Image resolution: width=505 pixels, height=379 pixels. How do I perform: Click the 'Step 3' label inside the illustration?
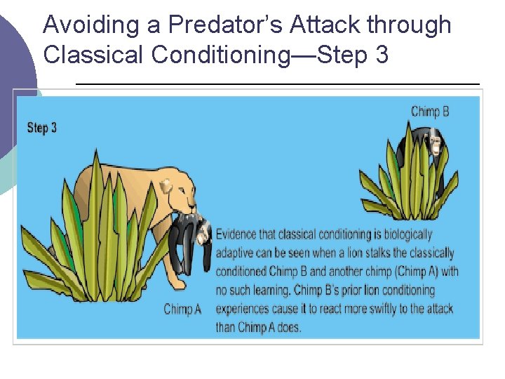42,128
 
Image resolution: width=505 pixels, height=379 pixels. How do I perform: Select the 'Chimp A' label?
182,309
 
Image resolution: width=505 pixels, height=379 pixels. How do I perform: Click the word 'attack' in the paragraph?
437,308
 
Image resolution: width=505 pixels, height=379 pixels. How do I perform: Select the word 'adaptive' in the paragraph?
236,253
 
